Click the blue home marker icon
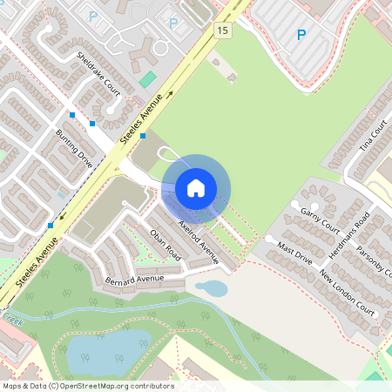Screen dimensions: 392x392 (196, 187)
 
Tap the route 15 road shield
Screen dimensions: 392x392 (223, 30)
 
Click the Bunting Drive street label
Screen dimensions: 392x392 (74, 142)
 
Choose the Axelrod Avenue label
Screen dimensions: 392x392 (198, 241)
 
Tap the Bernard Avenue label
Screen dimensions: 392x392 (134, 280)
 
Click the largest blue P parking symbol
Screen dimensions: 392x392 (301, 35)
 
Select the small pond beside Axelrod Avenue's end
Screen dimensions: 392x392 (212, 287)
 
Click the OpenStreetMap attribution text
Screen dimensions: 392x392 (88, 386)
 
